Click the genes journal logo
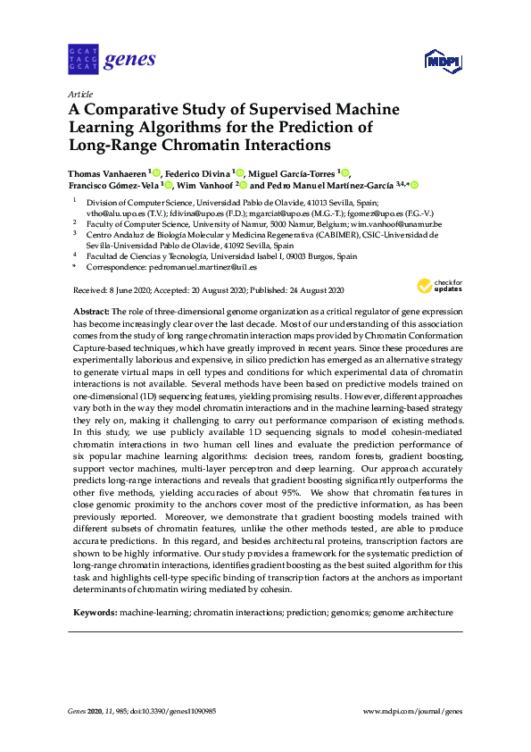pyautogui.click(x=112, y=61)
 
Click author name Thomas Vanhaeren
pyautogui.click(x=108, y=172)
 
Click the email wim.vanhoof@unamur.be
pyautogui.click(x=399, y=224)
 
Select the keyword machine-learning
pyautogui.click(x=153, y=614)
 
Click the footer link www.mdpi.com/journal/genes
pyautogui.click(x=413, y=711)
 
